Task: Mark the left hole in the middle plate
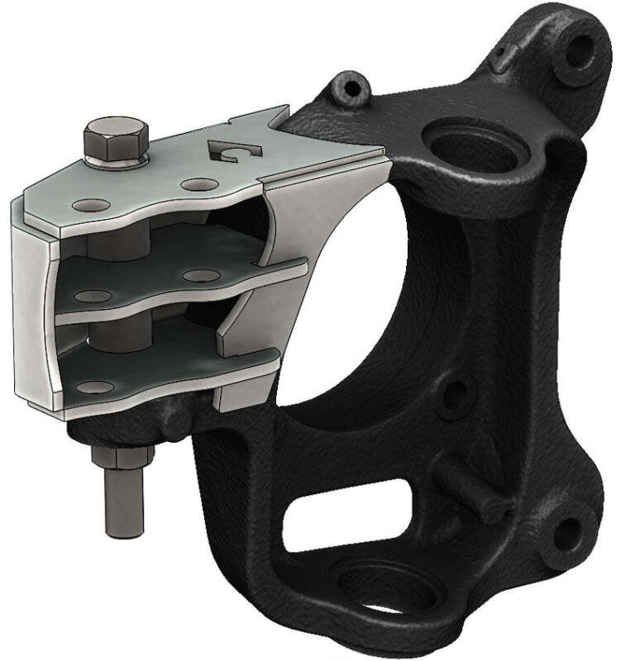(93, 296)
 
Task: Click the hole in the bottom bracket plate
(98, 387)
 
